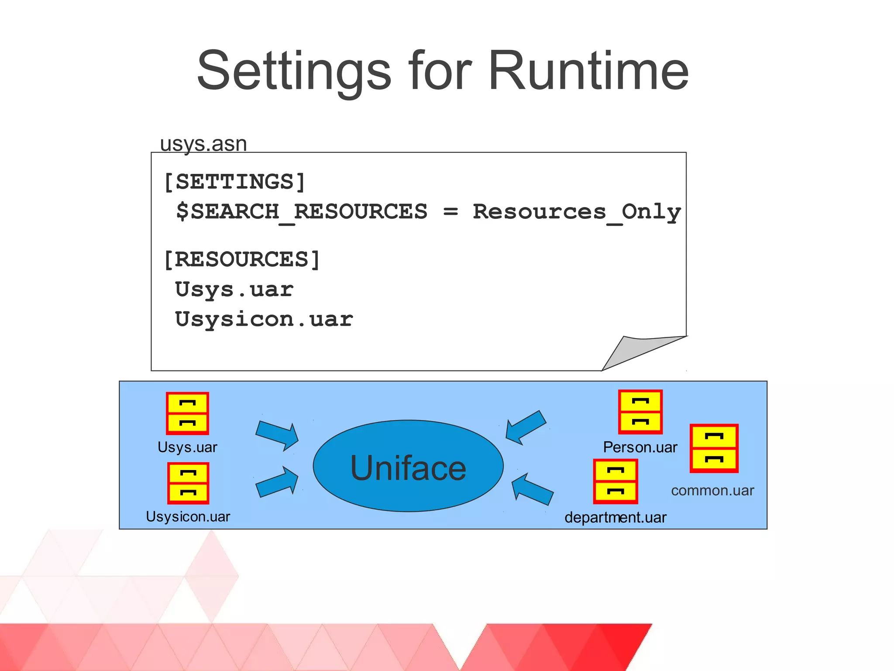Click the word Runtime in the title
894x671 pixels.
point(588,71)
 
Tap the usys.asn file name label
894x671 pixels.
point(203,144)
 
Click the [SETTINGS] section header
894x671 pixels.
point(234,182)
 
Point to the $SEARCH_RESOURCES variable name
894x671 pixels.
point(302,212)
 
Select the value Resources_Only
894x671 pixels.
point(577,212)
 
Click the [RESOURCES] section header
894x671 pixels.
point(242,259)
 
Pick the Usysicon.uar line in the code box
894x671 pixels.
point(264,319)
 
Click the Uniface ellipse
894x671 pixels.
point(408,466)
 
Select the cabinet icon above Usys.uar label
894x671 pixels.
point(188,413)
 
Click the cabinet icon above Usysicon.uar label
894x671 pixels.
point(188,483)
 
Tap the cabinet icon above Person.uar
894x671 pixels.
point(640,412)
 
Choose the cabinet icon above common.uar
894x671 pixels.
point(714,448)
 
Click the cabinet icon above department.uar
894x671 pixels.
point(615,481)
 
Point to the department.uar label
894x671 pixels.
point(615,518)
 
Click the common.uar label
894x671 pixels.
point(712,491)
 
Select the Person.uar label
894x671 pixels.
point(640,447)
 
